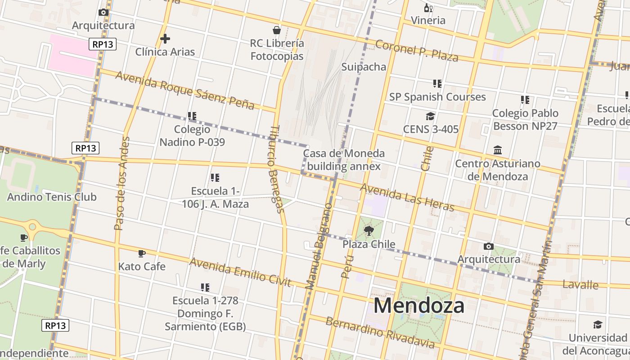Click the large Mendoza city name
pos(418,306)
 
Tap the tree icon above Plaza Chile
pos(369,231)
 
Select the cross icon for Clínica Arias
pos(165,39)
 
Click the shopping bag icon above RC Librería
pos(277,30)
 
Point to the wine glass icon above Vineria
pos(428,8)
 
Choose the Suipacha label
pos(364,67)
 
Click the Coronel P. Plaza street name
pos(417,51)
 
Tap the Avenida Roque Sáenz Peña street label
pos(184,90)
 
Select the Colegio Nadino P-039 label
pos(192,136)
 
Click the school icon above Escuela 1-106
pos(215,178)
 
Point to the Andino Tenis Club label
pos(52,197)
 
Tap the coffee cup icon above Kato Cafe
pos(142,254)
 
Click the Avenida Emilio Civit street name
pos(240,272)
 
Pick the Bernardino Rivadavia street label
pos(380,333)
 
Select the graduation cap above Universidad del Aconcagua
pos(598,325)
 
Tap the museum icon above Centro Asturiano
pos(498,150)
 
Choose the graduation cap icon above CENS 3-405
pos(431,117)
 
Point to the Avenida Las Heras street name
pos(407,197)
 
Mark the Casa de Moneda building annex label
pos(344,160)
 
